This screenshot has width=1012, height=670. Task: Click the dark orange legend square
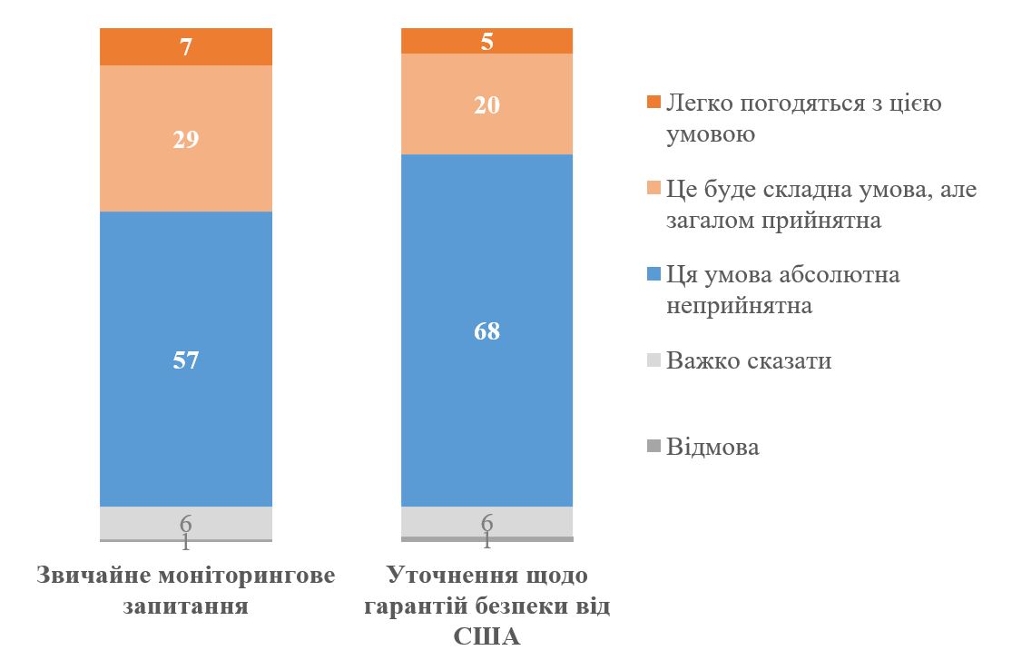pos(653,103)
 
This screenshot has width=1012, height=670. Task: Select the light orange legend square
pos(653,189)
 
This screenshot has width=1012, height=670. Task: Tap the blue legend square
pos(653,275)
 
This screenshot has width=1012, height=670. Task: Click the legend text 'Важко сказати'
pos(749,361)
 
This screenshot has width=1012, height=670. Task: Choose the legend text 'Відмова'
pos(712,448)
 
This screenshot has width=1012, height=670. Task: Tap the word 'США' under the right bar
pos(486,636)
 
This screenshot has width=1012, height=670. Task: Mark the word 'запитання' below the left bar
pos(185,606)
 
